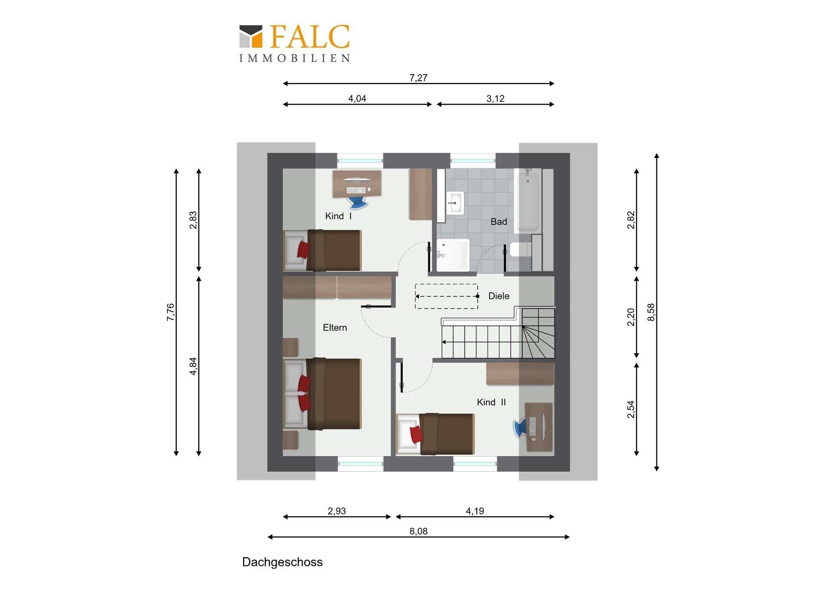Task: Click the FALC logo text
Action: tap(310, 36)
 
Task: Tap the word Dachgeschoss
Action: tap(282, 562)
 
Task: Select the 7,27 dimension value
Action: tap(418, 78)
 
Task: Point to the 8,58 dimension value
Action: tap(651, 312)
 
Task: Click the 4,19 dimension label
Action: tap(475, 511)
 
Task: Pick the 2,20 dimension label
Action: tap(631, 317)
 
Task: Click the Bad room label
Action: tap(499, 222)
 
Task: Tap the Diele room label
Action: tap(499, 296)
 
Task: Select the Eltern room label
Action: tap(335, 328)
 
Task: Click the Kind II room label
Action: tap(491, 402)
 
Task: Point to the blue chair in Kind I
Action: tap(357, 203)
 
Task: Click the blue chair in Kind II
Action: tap(520, 427)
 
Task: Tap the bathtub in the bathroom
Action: tap(528, 200)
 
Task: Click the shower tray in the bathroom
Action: tap(453, 255)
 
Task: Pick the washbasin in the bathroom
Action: tap(455, 203)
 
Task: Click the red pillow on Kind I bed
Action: tap(303, 250)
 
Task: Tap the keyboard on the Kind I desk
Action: tap(356, 190)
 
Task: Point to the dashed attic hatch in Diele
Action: tap(446, 296)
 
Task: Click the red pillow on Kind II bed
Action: tap(416, 434)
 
